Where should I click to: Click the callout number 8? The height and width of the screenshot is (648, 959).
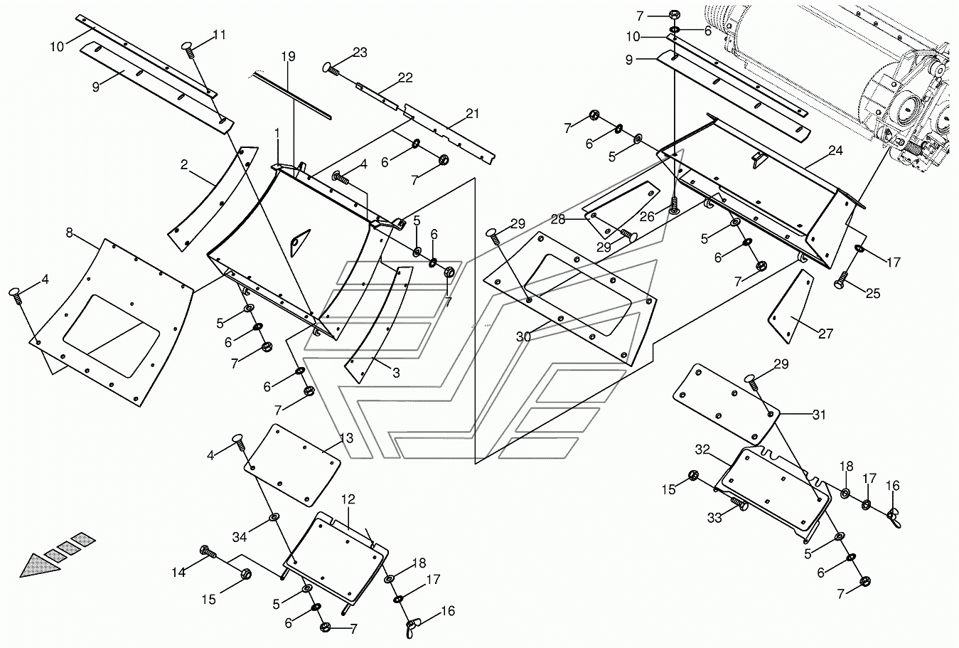coord(69,232)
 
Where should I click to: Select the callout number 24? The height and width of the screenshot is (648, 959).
coord(835,151)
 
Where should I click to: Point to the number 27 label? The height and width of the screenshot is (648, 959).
coord(825,333)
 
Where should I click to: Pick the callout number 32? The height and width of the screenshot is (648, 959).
coord(702,450)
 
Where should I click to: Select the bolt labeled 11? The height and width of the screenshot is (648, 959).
coord(189,48)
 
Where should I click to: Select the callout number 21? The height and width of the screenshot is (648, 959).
coord(472,114)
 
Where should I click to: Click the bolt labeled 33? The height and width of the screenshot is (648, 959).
coord(741,506)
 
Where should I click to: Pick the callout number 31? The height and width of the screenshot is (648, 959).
coord(819,415)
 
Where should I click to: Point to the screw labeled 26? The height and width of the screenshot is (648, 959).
coord(674,208)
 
